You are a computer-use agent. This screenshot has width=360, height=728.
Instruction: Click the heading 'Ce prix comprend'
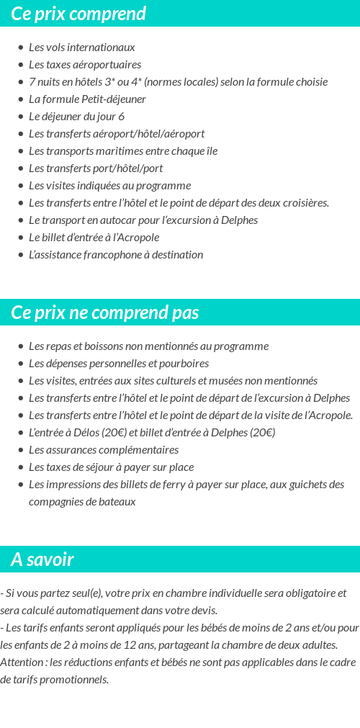[78, 14]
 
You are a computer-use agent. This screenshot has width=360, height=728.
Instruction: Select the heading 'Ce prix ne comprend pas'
[104, 313]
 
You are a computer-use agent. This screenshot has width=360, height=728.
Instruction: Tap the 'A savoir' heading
[42, 560]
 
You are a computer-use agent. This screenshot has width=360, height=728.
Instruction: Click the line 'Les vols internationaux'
[81, 48]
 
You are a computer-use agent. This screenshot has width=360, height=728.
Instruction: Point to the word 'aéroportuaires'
[107, 65]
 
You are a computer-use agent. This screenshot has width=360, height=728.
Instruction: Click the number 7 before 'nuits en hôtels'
[32, 82]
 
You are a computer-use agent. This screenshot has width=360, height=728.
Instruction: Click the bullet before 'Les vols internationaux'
[20, 48]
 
